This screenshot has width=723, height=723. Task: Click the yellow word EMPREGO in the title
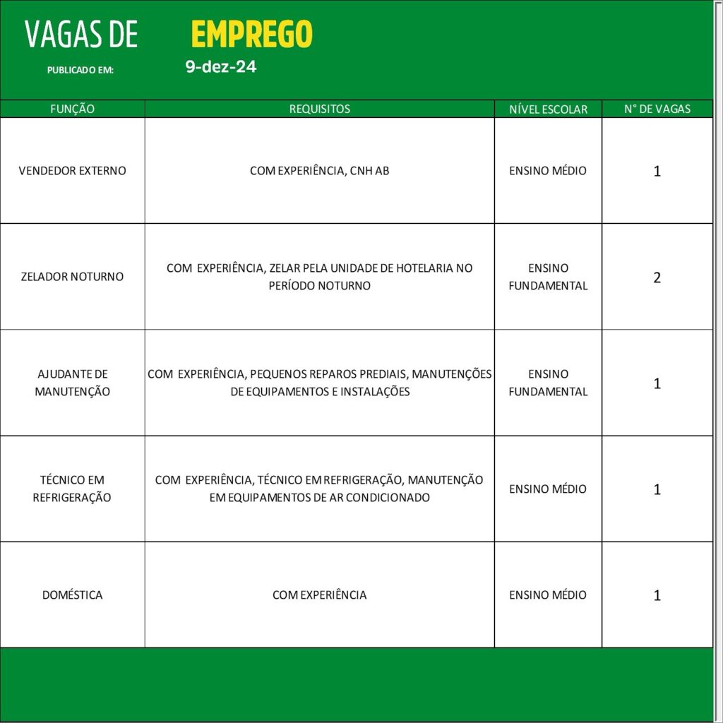pos(251,34)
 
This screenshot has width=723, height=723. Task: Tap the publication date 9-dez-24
pos(221,68)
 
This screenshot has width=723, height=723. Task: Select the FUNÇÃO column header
pos(73,109)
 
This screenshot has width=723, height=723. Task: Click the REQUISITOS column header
pos(319,109)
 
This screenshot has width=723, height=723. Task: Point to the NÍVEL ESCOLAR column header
pos(548,109)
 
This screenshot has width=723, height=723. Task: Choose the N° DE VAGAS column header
pos(657,109)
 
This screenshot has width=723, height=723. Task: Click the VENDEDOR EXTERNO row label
pos(73,171)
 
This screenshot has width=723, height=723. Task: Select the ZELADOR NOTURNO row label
pos(73,277)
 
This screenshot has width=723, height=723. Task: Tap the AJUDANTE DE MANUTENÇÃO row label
pos(73,383)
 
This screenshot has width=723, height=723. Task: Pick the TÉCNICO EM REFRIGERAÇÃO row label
pos(73,489)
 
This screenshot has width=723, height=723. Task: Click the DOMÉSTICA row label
pos(73,595)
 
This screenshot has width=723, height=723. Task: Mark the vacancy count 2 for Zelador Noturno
pos(657,277)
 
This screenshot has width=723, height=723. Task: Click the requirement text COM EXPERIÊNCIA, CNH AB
pos(319,171)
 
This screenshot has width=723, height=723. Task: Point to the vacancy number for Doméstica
pos(657,595)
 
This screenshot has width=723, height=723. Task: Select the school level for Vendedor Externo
pos(548,171)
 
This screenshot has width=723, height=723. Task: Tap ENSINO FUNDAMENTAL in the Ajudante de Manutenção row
pos(548,383)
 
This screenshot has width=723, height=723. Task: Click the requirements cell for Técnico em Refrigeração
pos(319,489)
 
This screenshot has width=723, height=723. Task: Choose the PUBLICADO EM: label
pos(80,71)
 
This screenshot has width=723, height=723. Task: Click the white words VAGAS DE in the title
pos(81,35)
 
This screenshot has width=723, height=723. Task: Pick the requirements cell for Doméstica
pos(319,595)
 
